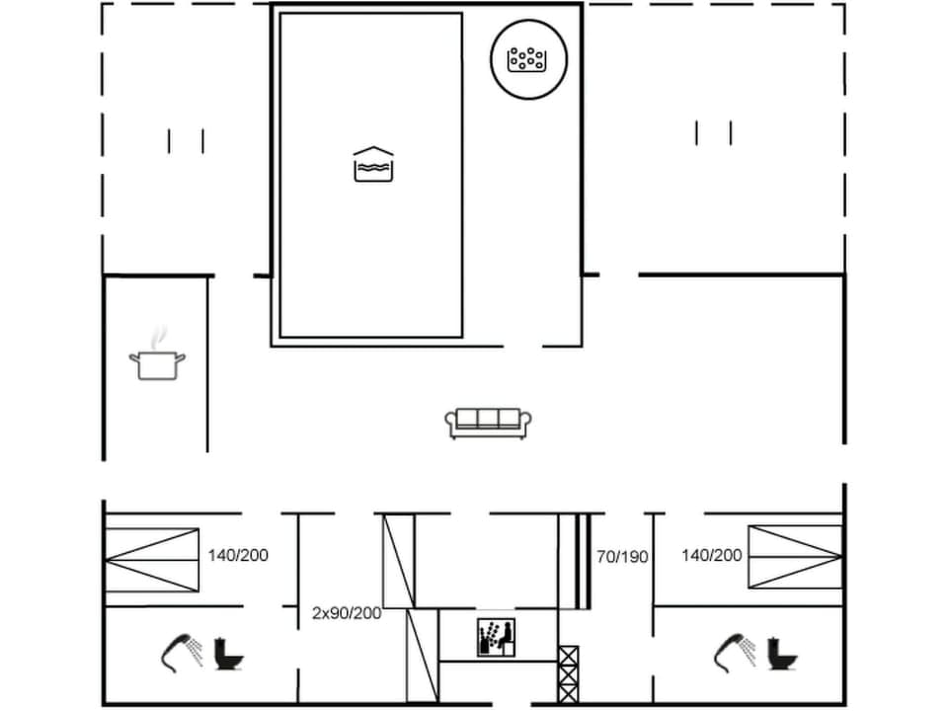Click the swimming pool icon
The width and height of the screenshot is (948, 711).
pos(373,165)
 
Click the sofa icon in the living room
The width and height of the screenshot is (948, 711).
pos(488,423)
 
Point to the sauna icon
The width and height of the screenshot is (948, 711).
pos(495,637)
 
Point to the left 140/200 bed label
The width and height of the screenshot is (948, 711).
pos(238,555)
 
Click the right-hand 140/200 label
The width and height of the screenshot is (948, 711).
pos(711,555)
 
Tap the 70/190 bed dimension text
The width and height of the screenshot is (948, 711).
pos(622,557)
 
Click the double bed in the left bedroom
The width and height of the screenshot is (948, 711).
pos(152,559)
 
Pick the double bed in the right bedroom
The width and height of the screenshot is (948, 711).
pos(794,556)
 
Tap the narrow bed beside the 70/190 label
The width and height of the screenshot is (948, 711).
pos(575,561)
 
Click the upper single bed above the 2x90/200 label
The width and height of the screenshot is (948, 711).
pos(398,561)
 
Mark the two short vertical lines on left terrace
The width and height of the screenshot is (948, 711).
pos(186,141)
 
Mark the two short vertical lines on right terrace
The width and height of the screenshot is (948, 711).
pos(713,132)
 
